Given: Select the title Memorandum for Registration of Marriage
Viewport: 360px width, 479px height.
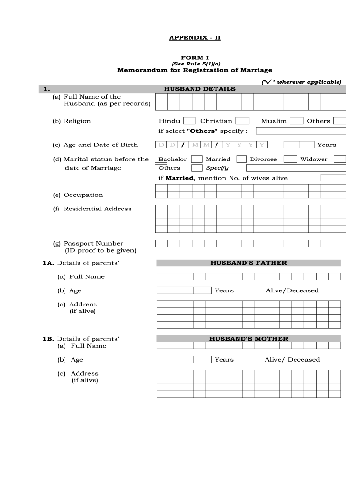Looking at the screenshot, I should (194, 70).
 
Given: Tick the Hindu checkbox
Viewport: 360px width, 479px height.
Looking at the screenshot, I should (189, 121).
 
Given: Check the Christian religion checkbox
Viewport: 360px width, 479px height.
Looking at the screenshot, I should (242, 121).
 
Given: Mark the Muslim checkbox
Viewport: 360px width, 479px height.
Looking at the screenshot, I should (296, 121).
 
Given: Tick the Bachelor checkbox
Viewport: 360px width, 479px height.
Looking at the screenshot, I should (197, 159).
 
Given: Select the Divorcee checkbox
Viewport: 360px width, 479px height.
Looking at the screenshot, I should (290, 159).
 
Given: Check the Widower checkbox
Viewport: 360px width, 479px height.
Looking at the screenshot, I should (339, 159).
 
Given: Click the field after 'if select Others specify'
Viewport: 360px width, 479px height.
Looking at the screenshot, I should (301, 131).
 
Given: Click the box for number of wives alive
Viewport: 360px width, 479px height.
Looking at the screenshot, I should (333, 178).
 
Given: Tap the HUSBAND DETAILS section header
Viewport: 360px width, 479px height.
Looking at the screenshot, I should (200, 89).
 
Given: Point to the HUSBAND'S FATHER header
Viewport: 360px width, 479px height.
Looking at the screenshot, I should (248, 263).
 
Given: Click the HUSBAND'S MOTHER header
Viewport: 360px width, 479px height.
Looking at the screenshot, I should (248, 339).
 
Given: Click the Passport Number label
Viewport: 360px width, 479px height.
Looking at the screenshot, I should (94, 243).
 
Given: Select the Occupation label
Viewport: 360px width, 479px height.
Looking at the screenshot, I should (83, 195).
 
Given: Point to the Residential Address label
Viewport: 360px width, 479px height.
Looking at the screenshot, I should (97, 209).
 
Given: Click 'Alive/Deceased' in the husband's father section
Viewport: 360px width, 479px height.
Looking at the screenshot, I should (292, 290).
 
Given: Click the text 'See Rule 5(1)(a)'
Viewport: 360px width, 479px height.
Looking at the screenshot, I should (194, 64).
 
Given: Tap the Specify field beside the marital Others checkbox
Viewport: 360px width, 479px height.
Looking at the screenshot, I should (296, 168).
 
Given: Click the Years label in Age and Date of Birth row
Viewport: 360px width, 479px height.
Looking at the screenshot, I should (326, 145).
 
